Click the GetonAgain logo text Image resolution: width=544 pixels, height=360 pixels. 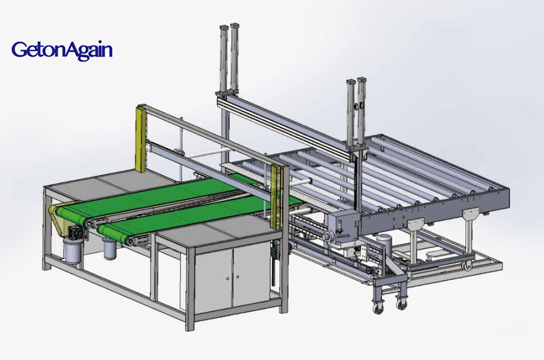62,49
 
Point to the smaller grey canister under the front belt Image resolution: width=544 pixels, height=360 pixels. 110,249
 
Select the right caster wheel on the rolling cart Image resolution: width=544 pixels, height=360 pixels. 403,302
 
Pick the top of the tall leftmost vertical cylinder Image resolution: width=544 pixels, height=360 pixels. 222,29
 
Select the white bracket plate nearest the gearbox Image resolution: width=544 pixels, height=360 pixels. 417,224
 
